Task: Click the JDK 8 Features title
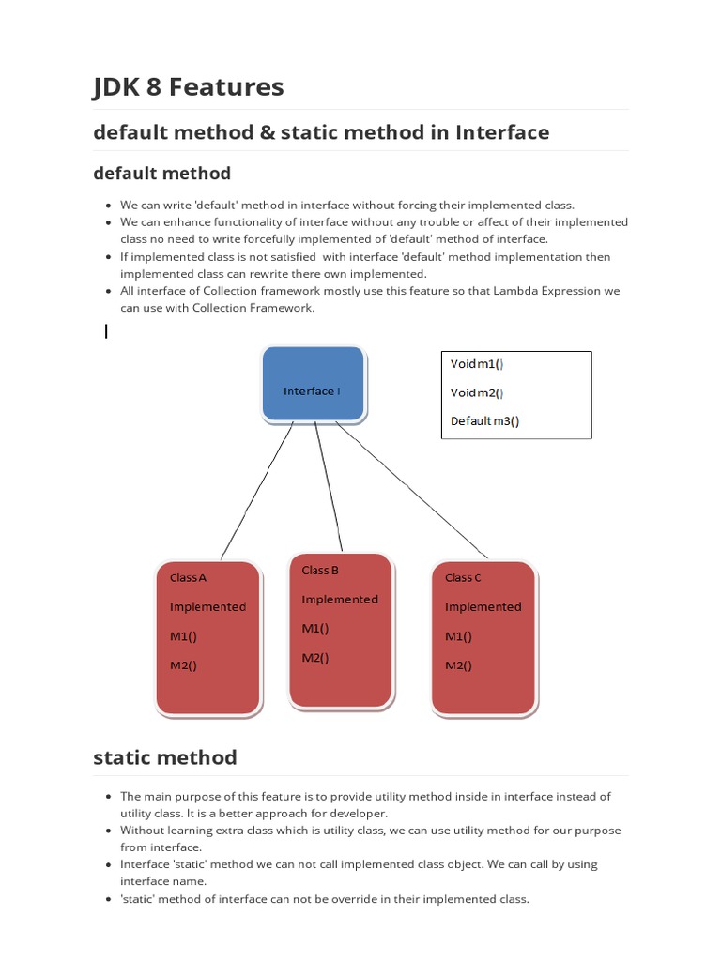click(188, 87)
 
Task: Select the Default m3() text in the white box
click(484, 421)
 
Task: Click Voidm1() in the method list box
click(478, 364)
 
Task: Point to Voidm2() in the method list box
click(478, 393)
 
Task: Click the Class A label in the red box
click(189, 578)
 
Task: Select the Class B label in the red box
click(320, 571)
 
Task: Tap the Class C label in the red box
click(463, 578)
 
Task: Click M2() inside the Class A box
click(184, 665)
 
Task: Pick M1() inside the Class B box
click(315, 629)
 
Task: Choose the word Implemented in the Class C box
click(483, 607)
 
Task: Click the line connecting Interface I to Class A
click(258, 488)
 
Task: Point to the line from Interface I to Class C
click(413, 488)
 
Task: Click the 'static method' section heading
click(165, 757)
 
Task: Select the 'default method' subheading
click(161, 174)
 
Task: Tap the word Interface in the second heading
click(502, 132)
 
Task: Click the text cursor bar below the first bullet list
click(106, 330)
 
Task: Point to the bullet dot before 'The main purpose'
click(108, 797)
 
